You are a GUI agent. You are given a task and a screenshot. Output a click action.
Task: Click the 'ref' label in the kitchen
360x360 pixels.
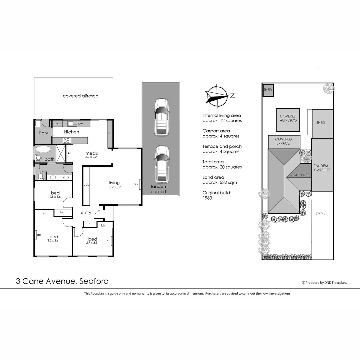(x=57, y=124)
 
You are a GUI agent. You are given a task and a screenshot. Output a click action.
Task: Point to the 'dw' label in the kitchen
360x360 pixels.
(x=80, y=124)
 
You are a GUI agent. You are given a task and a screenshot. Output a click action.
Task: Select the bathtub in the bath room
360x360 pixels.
(x=43, y=149)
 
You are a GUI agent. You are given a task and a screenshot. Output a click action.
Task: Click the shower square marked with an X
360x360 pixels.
(x=61, y=154)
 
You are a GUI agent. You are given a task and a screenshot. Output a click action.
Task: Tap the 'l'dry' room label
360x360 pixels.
(x=44, y=133)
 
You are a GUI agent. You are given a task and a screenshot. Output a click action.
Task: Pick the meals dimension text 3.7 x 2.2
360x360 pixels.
(x=91, y=157)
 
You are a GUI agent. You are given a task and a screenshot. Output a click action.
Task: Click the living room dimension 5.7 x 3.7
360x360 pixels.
(x=114, y=187)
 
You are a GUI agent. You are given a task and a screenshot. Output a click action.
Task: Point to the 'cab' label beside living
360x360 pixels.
(x=86, y=184)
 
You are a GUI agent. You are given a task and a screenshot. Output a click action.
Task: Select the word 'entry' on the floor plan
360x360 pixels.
(x=86, y=213)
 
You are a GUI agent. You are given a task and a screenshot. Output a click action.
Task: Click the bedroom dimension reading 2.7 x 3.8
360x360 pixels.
(x=93, y=243)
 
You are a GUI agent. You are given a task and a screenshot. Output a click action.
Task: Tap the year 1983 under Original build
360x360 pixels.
(x=207, y=198)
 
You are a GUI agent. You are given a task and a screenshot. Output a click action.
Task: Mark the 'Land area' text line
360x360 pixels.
(x=213, y=177)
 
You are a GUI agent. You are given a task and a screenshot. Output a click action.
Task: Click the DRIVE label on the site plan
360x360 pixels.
(x=320, y=213)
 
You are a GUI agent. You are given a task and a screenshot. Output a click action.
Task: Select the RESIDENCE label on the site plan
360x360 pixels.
(x=299, y=175)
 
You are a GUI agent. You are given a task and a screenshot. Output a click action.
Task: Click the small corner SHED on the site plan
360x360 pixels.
(x=267, y=90)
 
